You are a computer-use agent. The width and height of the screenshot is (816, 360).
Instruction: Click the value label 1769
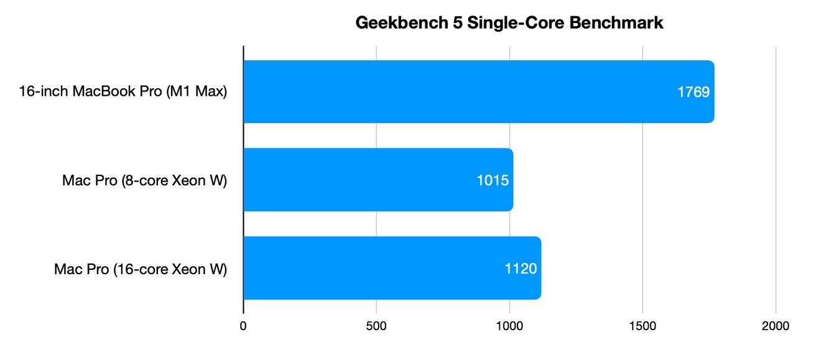[x=693, y=92]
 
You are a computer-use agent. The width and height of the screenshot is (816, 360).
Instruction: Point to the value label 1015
[x=493, y=180]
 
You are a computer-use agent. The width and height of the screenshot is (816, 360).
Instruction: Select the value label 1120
[x=521, y=269]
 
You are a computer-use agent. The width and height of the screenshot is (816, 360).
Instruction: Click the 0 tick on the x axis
[x=243, y=326]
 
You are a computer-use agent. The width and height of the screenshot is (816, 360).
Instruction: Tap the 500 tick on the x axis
[x=376, y=326]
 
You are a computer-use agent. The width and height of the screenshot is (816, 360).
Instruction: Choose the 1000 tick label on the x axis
[x=509, y=326]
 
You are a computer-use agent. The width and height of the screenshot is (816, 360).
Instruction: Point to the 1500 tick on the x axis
[x=642, y=326]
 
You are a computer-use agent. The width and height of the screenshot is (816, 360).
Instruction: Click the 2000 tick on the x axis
[x=776, y=326]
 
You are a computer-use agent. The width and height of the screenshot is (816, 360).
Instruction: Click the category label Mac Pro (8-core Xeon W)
[x=144, y=181]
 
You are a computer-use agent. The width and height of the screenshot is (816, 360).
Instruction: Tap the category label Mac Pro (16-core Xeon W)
[x=141, y=269]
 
